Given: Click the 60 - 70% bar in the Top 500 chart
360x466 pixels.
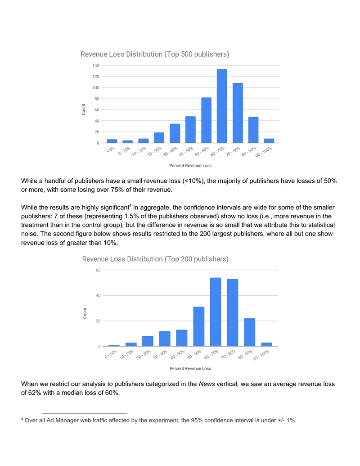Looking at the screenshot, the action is tap(222, 106).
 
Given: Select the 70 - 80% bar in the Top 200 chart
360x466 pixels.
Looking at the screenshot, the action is tap(232, 312).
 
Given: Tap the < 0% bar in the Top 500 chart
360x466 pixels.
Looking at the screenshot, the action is tap(112, 141).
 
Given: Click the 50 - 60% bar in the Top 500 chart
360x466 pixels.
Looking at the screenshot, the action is tap(206, 120).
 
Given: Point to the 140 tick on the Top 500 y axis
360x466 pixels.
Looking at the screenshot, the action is tap(96, 65).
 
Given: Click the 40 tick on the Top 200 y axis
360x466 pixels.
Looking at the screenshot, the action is tap(98, 295).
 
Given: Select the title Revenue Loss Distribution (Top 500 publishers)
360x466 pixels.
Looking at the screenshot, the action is tap(155, 54).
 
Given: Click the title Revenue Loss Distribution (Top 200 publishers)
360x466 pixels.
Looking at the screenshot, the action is tap(155, 259).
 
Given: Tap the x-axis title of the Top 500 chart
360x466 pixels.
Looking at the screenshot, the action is tap(190, 166).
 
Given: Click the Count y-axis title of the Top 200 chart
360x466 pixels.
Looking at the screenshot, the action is tap(85, 313).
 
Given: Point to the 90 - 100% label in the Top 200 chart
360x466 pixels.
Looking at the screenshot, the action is tap(261, 355).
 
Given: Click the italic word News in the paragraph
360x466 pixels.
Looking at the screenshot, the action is tap(207, 384).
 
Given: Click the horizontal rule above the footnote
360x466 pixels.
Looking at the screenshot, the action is tap(85, 413).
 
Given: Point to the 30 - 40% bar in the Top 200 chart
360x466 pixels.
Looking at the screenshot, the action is tap(165, 339).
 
